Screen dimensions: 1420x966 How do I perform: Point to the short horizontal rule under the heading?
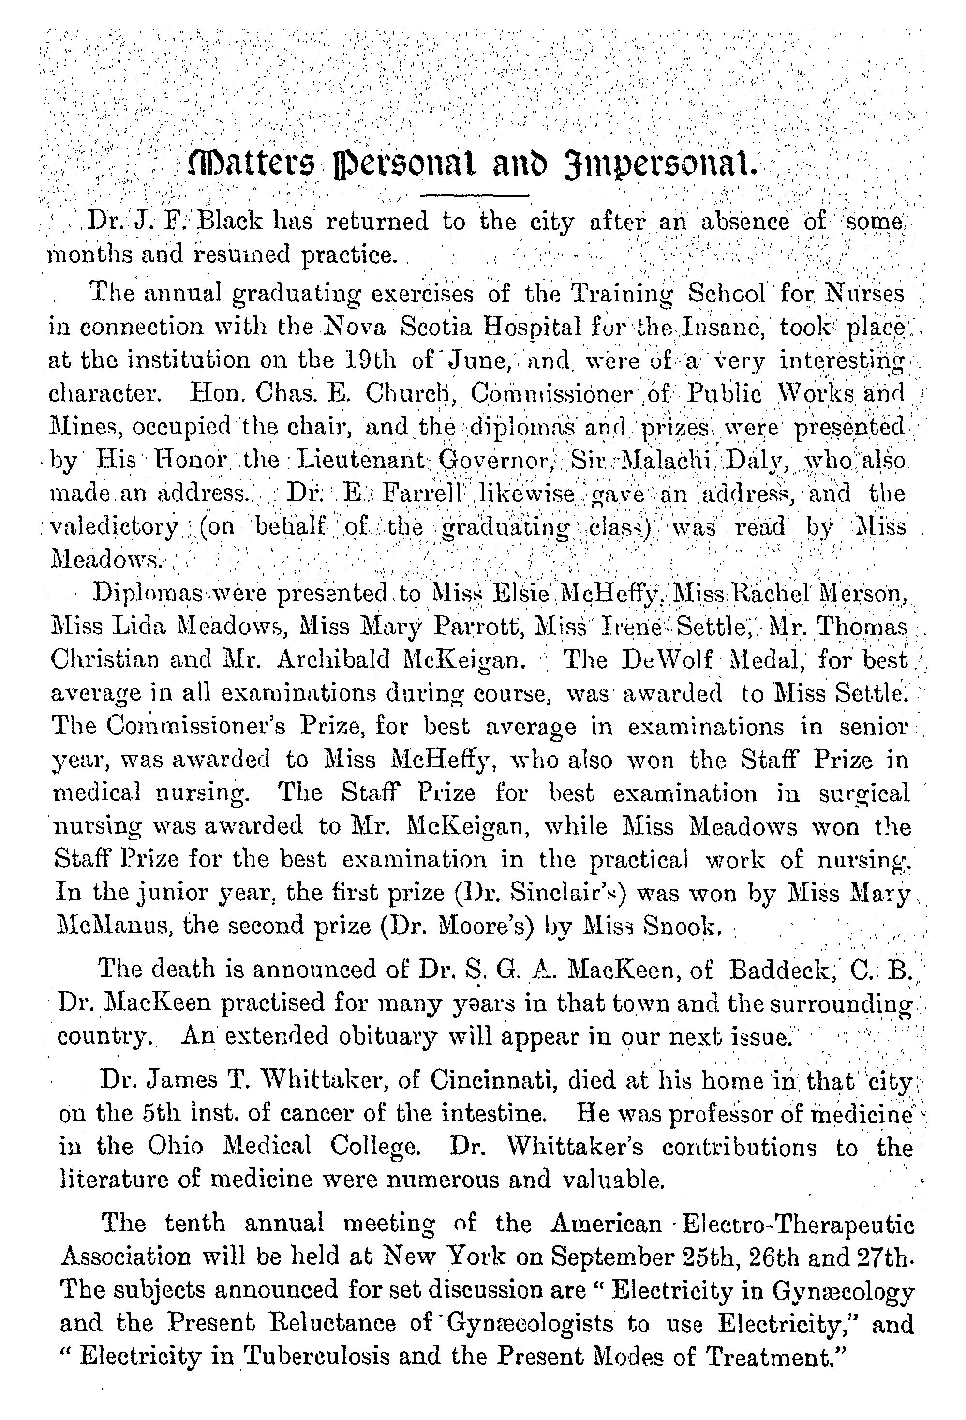(474, 195)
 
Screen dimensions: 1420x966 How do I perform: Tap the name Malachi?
(669, 459)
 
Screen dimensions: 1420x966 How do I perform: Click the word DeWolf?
(667, 660)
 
